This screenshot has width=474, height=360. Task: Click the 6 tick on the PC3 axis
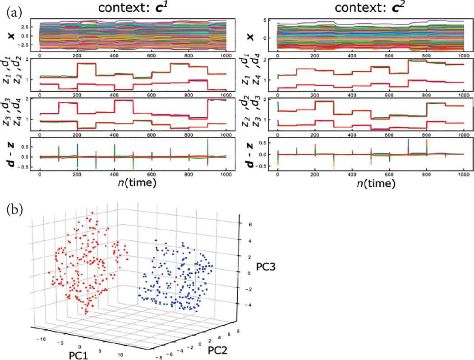(x=244, y=224)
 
